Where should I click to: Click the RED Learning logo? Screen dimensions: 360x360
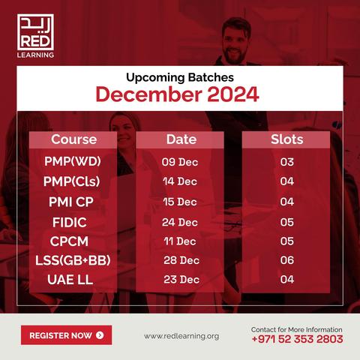pos(35,36)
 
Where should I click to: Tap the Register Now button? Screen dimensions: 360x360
pos(66,335)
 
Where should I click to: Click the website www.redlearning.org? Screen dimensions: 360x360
pos(181,336)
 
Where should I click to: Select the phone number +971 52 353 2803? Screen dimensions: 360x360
pos(297,339)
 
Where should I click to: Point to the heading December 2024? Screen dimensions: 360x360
pos(177,94)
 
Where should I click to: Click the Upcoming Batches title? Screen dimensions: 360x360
pos(180,77)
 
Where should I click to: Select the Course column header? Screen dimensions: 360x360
pos(73,139)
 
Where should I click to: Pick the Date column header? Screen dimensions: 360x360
pos(181,139)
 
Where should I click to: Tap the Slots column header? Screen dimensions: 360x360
pos(286,139)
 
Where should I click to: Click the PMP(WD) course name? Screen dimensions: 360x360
pos(73,161)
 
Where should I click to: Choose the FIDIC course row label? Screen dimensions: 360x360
pos(70,222)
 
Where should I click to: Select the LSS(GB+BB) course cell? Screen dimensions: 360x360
pos(73,260)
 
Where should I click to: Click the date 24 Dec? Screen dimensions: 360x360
pos(180,222)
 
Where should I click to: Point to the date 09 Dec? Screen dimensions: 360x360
pos(180,162)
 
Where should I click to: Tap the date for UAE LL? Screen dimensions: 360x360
pos(181,280)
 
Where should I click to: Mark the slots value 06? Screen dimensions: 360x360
pos(287,260)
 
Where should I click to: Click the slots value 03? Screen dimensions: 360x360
pos(287,162)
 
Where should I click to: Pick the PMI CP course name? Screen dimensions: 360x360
pos(71,202)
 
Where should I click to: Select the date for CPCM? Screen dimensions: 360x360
pos(180,241)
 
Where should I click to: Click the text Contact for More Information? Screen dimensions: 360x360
pos(297,329)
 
